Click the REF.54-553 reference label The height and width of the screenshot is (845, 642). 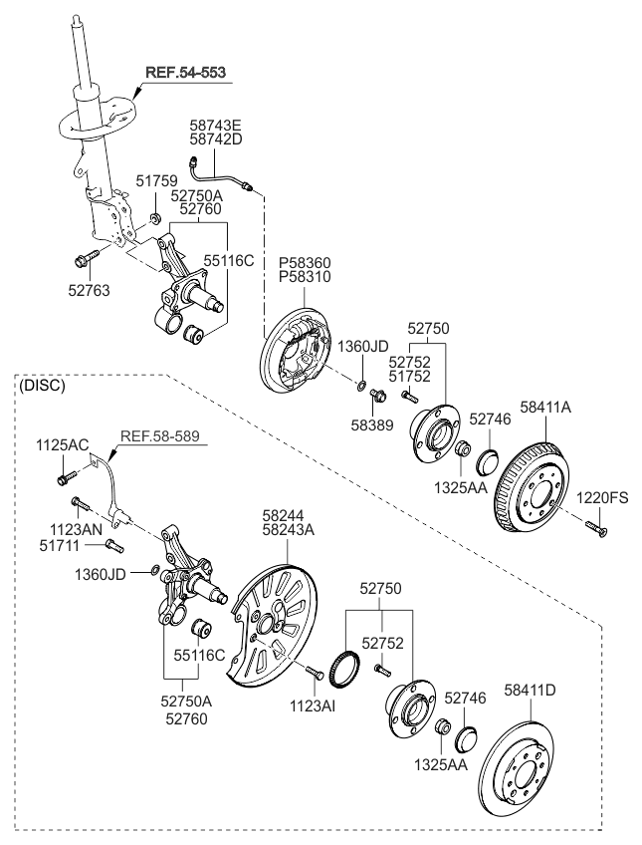tap(185, 72)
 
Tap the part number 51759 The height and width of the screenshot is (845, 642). tap(156, 180)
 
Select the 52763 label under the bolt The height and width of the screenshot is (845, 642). tap(89, 291)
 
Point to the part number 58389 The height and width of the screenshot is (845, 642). tap(372, 425)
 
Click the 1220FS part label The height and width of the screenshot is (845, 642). tap(603, 498)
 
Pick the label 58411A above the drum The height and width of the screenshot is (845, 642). tap(545, 408)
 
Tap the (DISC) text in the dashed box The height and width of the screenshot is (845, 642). tap(42, 386)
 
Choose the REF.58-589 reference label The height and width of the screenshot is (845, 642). tap(159, 436)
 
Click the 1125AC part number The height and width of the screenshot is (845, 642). tap(63, 445)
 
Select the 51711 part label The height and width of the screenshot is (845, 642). tap(59, 546)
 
